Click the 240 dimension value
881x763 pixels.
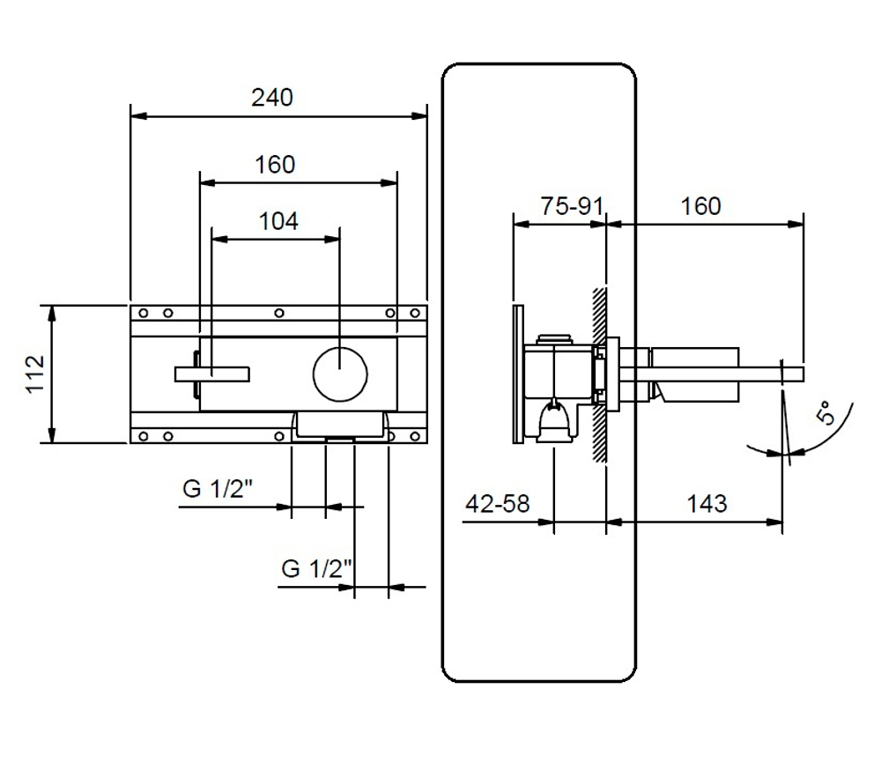pos(272,98)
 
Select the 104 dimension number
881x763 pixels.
pos(278,221)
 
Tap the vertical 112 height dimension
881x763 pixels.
pos(35,374)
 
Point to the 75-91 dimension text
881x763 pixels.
pos(572,206)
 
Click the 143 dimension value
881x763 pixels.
pos(707,503)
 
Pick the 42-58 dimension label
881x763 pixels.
pos(498,503)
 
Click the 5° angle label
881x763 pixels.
pos(825,413)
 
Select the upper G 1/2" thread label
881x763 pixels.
pos(218,488)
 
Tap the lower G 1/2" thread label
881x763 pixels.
pos(316,568)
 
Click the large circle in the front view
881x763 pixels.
pos(340,374)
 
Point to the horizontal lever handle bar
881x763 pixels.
pos(211,374)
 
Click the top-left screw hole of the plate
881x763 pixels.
pos(144,313)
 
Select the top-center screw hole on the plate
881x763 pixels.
pos(279,313)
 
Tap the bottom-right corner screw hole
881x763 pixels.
pos(415,436)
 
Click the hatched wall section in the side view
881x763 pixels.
pos(600,374)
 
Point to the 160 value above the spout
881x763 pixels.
pos(700,206)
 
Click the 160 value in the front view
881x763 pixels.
pos(275,165)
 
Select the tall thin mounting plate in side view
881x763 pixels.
pos(519,374)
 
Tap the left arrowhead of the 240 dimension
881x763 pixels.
pos(139,116)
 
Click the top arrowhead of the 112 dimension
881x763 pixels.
pos(52,314)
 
